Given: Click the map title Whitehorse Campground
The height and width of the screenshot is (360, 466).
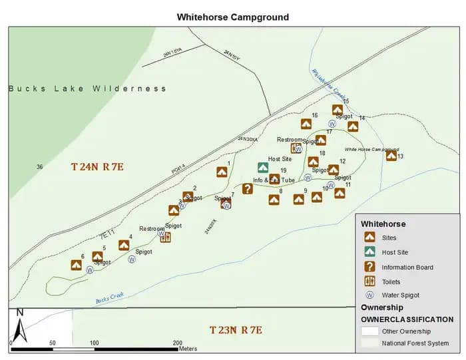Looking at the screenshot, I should pos(233,17).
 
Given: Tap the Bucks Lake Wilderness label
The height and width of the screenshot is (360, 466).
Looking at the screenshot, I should pos(87,89).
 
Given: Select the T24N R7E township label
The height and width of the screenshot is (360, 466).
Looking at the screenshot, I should pos(97,166).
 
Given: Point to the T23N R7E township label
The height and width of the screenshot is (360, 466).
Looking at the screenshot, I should pos(236,330).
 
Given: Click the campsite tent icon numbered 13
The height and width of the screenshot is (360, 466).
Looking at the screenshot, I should pos(391,156).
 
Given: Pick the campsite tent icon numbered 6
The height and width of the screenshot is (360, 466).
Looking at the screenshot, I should pos(76,265).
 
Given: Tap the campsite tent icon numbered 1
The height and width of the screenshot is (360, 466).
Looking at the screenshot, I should pos(222,172).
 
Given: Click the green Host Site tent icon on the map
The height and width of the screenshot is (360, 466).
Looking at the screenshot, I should pos(264,167).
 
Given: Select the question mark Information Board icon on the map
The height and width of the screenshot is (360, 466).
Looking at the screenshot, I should pos(247,189).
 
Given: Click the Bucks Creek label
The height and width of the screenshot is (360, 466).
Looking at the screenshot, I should pos(110,297).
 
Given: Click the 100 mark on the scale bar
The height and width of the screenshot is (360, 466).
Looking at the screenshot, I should pos(95,343).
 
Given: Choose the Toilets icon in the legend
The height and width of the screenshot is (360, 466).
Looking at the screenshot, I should pos(369,281).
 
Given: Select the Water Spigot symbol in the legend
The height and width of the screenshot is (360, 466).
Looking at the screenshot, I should pos(369,295).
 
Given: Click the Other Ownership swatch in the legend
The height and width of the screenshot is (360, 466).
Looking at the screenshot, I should pos(369,331).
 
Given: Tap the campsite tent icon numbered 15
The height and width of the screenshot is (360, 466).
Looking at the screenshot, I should pos(338,110).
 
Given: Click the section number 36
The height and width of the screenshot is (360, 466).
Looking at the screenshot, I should pos(39,167).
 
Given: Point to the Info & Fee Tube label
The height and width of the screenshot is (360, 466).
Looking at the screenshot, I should pos(274,180).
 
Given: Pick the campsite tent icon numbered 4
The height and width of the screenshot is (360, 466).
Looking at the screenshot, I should pos(124,245).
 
